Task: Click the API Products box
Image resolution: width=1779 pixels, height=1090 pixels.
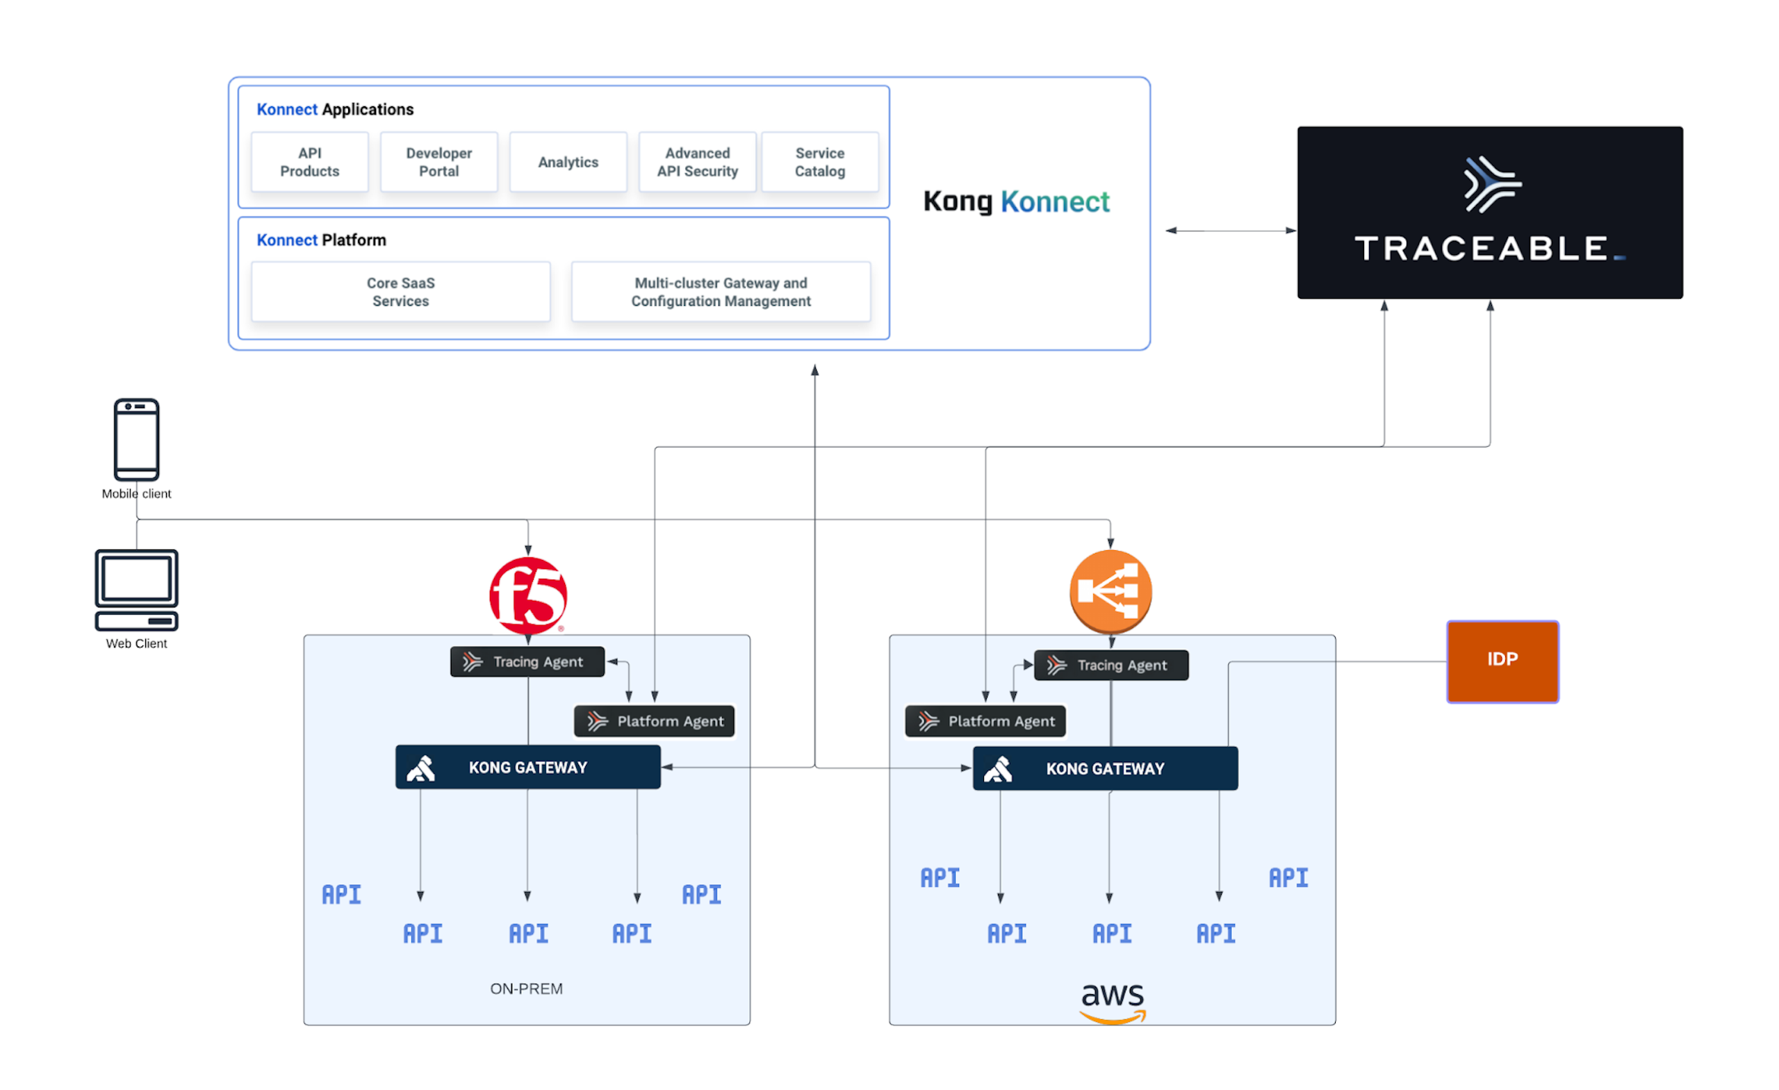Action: [310, 162]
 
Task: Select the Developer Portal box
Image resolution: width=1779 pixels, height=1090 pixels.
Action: [439, 162]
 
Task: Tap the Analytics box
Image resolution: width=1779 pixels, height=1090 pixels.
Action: [568, 162]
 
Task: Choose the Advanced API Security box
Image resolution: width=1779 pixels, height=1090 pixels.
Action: [698, 162]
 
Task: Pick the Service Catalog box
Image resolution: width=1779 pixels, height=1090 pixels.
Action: [820, 162]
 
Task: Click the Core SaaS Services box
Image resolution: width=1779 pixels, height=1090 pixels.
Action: [401, 292]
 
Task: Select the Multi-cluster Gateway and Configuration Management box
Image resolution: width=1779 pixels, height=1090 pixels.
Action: [721, 292]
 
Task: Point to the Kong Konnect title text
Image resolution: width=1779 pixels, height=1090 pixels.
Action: [1016, 201]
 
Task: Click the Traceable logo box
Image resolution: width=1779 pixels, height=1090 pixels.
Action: [1489, 212]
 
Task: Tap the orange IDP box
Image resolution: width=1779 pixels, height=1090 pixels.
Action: [1502, 661]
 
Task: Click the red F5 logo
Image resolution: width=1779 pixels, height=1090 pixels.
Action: [527, 595]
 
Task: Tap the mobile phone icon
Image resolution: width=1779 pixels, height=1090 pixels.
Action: [136, 439]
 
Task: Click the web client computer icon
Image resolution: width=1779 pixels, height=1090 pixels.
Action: [136, 590]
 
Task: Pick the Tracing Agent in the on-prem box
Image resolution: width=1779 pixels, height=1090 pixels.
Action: [527, 661]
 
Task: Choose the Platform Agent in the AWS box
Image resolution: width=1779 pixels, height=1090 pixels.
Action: [985, 721]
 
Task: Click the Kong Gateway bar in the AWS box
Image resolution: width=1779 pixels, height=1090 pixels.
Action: [1105, 768]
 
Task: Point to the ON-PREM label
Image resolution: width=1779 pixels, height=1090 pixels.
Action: [526, 988]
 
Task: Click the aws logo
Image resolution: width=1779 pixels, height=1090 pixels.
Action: [1113, 1001]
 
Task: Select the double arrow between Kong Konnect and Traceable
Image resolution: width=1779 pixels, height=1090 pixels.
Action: [1230, 230]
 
